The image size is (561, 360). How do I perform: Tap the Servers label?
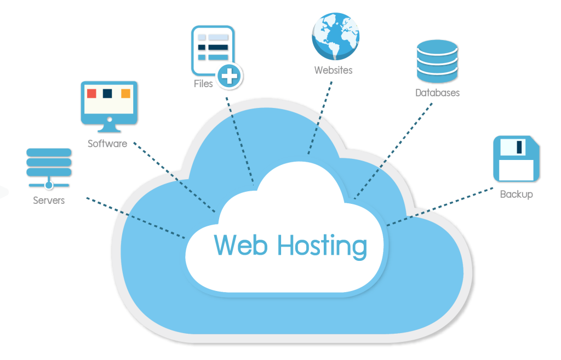click(49, 200)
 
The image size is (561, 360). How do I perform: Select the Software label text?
click(107, 144)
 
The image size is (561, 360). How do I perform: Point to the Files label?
click(203, 84)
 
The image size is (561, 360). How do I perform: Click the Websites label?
click(333, 70)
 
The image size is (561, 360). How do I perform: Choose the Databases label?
click(437, 93)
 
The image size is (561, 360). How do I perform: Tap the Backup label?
click(516, 194)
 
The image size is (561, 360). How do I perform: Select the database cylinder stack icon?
click(437, 60)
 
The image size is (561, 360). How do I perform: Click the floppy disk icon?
click(516, 158)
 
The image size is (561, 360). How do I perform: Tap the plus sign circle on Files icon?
click(229, 75)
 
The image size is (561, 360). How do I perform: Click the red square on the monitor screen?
click(92, 93)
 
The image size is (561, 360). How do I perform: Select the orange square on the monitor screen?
click(125, 93)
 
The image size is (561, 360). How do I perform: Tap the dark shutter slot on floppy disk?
click(519, 146)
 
